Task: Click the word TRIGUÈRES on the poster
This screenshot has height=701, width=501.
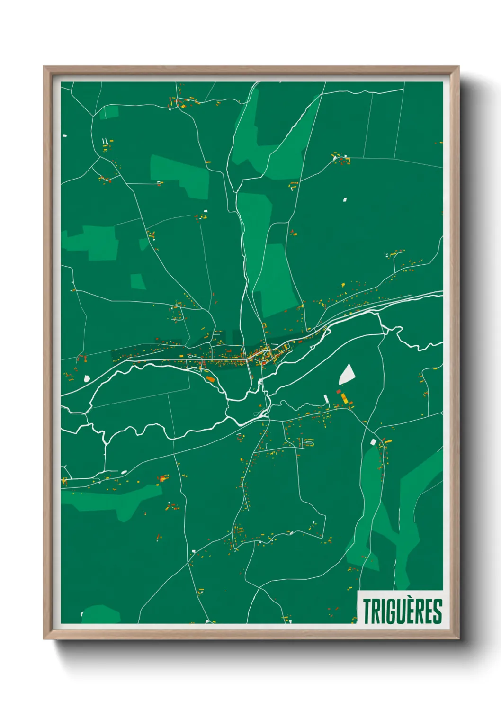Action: click(x=402, y=611)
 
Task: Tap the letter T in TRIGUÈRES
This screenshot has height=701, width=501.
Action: click(x=367, y=611)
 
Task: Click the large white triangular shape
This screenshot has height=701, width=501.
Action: click(x=347, y=375)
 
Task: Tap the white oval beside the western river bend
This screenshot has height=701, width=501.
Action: click(x=87, y=378)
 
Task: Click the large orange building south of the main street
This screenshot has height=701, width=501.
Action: click(x=210, y=379)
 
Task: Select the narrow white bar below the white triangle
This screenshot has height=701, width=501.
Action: click(x=326, y=399)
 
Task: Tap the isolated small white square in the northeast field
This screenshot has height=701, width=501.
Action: click(x=345, y=199)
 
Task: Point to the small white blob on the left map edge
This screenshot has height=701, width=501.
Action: click(x=64, y=136)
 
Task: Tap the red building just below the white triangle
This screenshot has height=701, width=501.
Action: click(x=339, y=392)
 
